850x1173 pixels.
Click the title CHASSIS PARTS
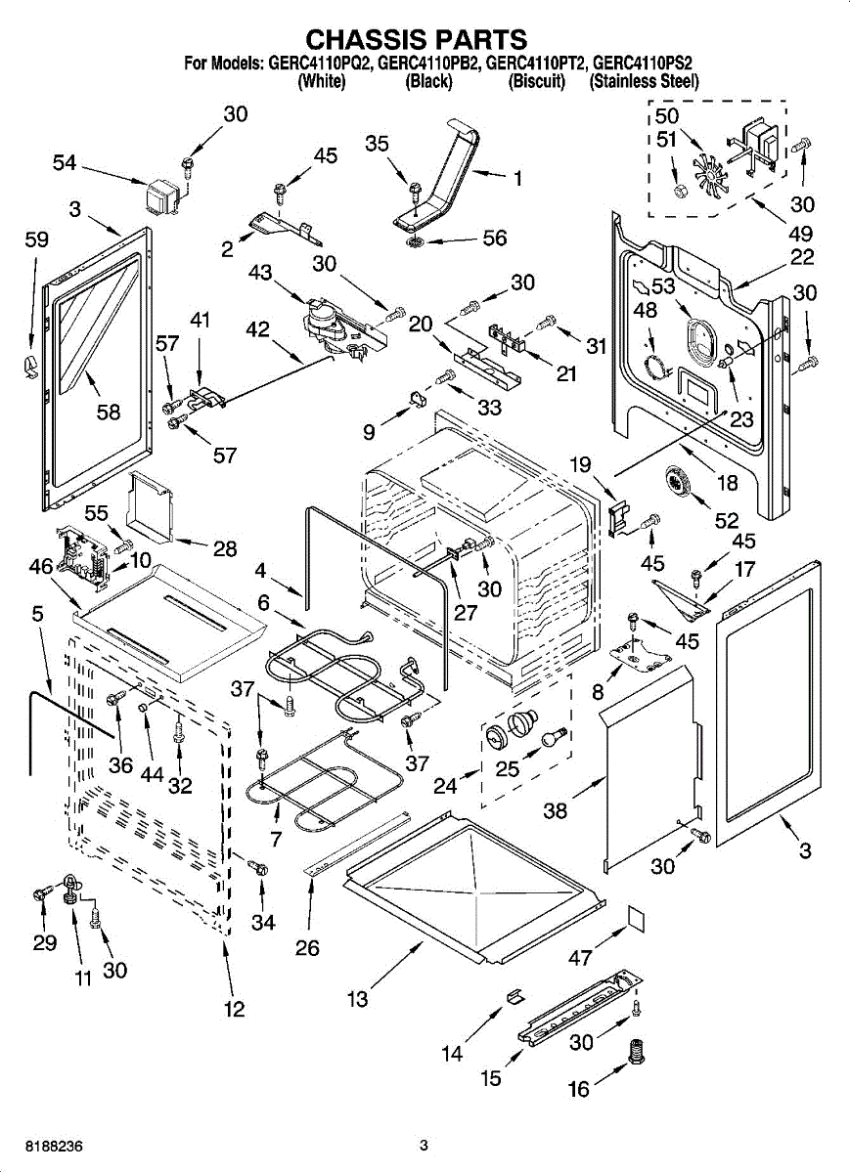click(417, 39)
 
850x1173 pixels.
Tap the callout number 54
click(65, 163)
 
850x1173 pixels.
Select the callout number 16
click(580, 1088)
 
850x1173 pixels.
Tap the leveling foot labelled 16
click(638, 1054)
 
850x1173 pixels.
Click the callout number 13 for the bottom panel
click(358, 998)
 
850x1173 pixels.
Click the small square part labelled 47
click(636, 916)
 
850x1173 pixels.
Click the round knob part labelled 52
click(677, 483)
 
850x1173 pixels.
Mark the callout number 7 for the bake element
click(275, 840)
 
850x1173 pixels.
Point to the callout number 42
click(257, 330)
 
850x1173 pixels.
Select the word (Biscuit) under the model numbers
click(537, 82)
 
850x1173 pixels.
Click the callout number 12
click(234, 1010)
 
